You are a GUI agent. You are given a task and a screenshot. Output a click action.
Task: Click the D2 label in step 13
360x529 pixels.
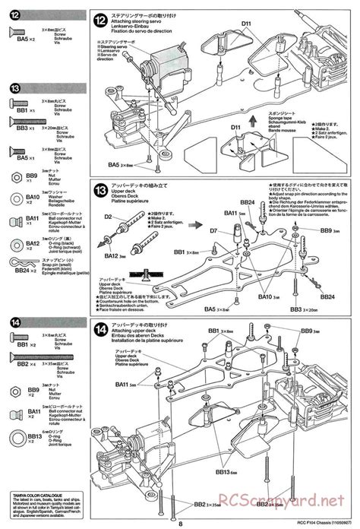[x=108, y=217]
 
